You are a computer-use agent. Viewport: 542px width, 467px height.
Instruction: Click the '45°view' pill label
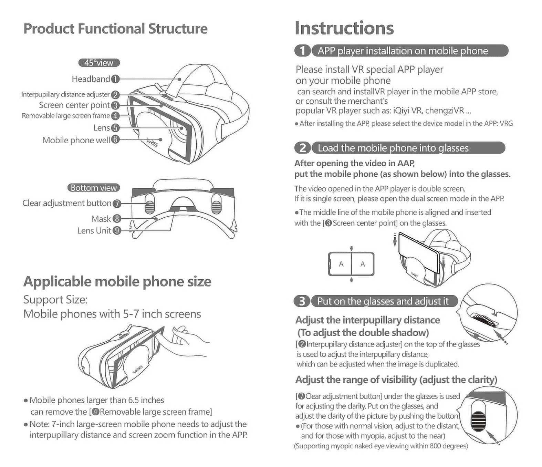99,63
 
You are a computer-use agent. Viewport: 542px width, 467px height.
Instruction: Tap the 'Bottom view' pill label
94,188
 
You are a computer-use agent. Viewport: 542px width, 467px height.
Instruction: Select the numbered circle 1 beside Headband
115,79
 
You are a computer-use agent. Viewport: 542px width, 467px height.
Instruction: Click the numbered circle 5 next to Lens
115,128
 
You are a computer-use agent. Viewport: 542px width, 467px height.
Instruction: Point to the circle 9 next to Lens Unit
117,230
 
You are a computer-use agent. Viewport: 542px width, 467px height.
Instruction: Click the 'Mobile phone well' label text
76,140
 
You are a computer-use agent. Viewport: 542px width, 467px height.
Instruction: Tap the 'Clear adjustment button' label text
67,203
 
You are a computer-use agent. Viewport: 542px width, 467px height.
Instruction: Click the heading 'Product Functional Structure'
115,29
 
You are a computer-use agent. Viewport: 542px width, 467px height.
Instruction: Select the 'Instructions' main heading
344,28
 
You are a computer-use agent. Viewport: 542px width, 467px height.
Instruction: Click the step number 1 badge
302,51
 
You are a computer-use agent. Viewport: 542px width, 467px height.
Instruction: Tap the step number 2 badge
302,148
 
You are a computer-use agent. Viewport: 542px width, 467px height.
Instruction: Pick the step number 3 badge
302,301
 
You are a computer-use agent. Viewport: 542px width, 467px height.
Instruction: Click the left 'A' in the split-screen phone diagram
341,264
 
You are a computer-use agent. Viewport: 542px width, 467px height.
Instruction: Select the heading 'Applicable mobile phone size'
117,282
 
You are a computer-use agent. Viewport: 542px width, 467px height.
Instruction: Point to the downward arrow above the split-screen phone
351,249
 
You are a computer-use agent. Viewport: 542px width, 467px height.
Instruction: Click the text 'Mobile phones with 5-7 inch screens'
112,314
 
